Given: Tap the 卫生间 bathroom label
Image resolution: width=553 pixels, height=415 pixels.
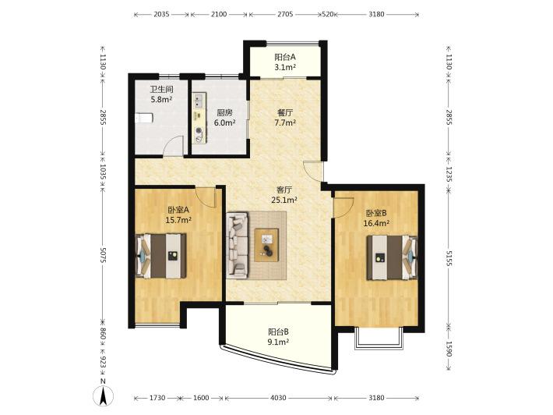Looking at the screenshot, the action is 161,90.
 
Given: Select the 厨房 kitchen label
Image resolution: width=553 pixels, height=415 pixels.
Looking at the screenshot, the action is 224,112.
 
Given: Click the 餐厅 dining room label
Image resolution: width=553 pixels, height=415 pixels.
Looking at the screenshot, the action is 285,112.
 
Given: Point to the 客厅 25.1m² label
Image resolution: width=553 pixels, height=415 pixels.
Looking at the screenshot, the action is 284,194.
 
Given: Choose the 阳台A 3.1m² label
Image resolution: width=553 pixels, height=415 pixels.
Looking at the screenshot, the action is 285,62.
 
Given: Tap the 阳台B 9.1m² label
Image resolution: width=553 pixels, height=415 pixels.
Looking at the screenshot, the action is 279,336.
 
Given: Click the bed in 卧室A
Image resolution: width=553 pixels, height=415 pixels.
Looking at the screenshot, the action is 161,256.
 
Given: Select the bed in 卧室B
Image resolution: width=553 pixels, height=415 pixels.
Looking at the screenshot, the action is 392,257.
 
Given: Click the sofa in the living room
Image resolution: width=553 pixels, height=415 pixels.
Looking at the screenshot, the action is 238,244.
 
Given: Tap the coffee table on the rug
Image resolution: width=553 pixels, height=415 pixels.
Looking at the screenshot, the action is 266,245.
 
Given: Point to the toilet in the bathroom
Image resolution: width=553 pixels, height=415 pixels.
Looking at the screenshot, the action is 144,118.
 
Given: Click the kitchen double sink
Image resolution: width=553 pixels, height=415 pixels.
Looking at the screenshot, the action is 199,100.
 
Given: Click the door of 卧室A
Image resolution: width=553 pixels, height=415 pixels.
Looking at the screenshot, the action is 206,197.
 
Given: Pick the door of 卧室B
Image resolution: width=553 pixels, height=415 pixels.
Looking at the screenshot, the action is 343,207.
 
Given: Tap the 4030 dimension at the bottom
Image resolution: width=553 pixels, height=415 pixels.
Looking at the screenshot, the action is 278,398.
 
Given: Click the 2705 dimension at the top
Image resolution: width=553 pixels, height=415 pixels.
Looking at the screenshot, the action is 285,14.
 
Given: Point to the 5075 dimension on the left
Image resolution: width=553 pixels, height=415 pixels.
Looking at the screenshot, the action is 103,254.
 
